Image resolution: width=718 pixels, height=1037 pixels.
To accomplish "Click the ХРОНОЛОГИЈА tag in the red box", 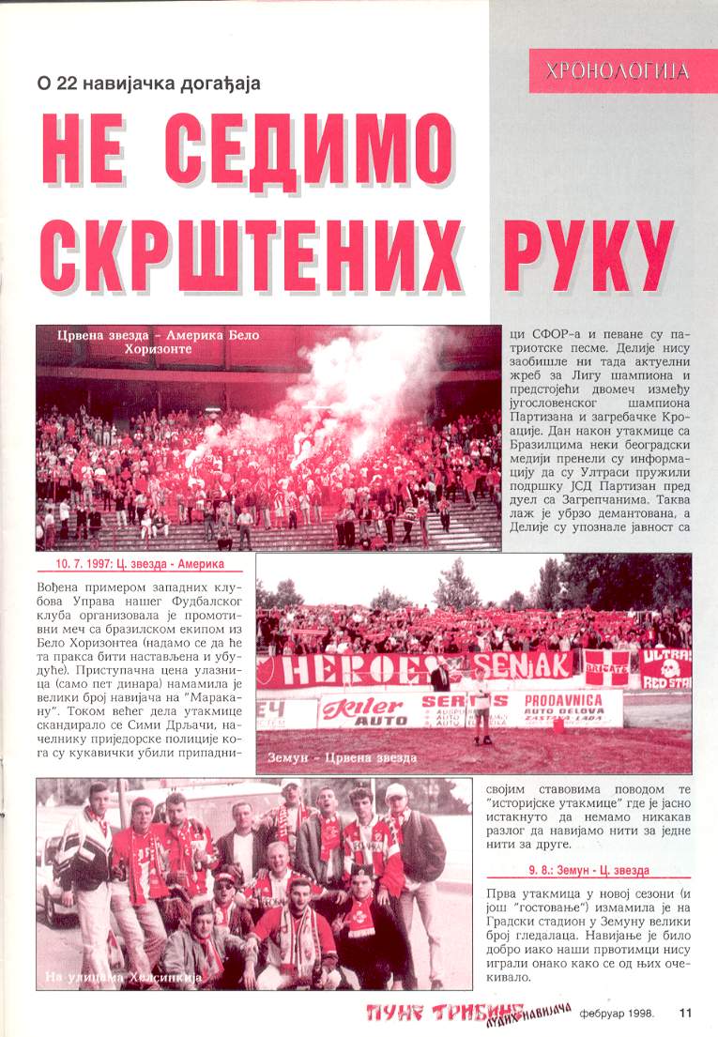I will (x=623, y=70).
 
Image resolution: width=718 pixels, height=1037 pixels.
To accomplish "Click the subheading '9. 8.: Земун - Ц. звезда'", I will (x=588, y=870).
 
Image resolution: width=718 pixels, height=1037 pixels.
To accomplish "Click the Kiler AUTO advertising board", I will (x=367, y=710).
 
